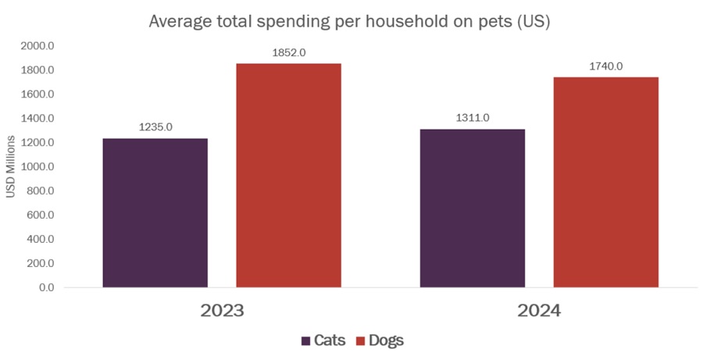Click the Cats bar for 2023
pos(155,212)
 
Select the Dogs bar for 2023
pos(288,175)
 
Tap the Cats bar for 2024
pos(472,208)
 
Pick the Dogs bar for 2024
pos(605,182)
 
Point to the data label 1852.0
pos(288,52)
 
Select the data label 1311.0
pos(473,118)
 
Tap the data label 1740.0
pos(605,66)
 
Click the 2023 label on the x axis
pos(223,310)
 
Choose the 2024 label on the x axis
pos(539,310)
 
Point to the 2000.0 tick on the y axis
pos(37,46)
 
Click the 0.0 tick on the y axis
pos(45,287)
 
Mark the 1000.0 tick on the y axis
pos(37,167)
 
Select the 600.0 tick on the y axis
pos(40,216)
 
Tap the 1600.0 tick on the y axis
pos(37,94)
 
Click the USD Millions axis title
pos(11,167)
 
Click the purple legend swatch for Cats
pos(305,340)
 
